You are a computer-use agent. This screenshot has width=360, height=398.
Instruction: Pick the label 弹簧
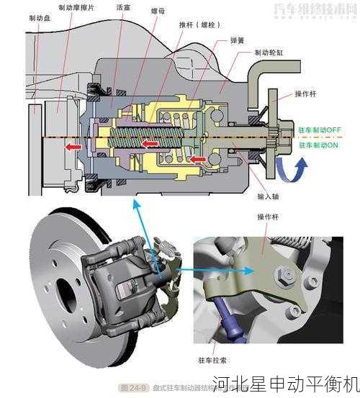click(238, 40)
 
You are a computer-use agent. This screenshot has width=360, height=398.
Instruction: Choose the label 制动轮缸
click(268, 53)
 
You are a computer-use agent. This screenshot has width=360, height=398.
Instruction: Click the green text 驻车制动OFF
click(320, 130)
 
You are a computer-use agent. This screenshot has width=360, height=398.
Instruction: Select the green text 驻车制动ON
click(318, 145)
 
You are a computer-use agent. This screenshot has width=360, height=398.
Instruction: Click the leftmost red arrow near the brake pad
click(72, 147)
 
